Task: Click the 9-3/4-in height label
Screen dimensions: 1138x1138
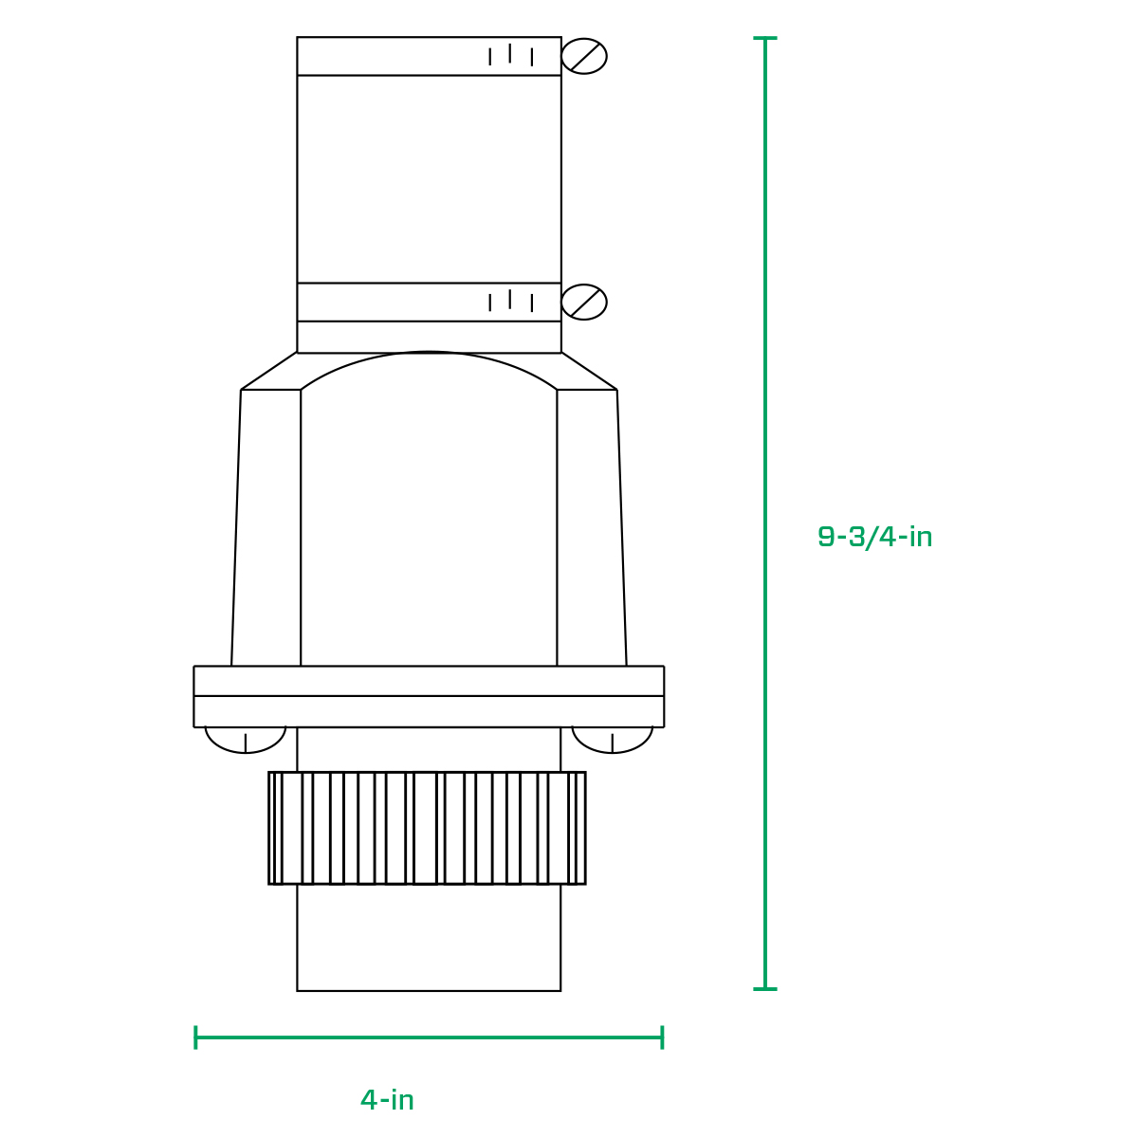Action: pos(874,538)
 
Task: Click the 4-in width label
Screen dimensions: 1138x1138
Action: pos(387,1100)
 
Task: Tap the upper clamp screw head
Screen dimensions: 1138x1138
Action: pos(583,56)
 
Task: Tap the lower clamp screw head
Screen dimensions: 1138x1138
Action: pos(583,302)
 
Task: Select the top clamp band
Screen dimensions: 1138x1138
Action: pos(429,56)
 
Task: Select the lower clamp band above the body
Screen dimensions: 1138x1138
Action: pos(429,303)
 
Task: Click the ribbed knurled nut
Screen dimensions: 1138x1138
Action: pos(427,828)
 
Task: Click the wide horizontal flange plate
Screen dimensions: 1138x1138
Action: pos(429,696)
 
